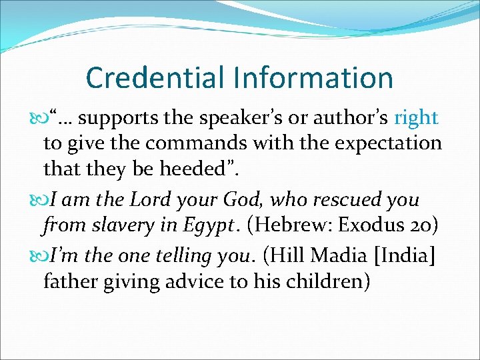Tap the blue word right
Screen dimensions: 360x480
[416, 119]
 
